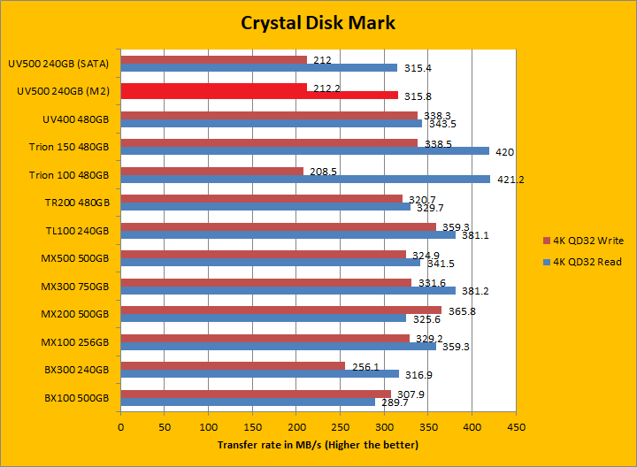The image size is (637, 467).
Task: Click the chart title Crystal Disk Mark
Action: [318, 23]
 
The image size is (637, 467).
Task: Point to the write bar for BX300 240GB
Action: [233, 365]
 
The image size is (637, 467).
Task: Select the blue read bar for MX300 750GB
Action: [288, 291]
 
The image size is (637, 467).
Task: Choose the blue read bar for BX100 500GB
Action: [248, 402]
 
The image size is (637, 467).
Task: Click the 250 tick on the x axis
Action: [340, 425]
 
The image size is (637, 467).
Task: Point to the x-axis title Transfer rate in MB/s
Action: [318, 444]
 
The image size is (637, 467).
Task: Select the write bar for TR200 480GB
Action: [261, 198]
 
